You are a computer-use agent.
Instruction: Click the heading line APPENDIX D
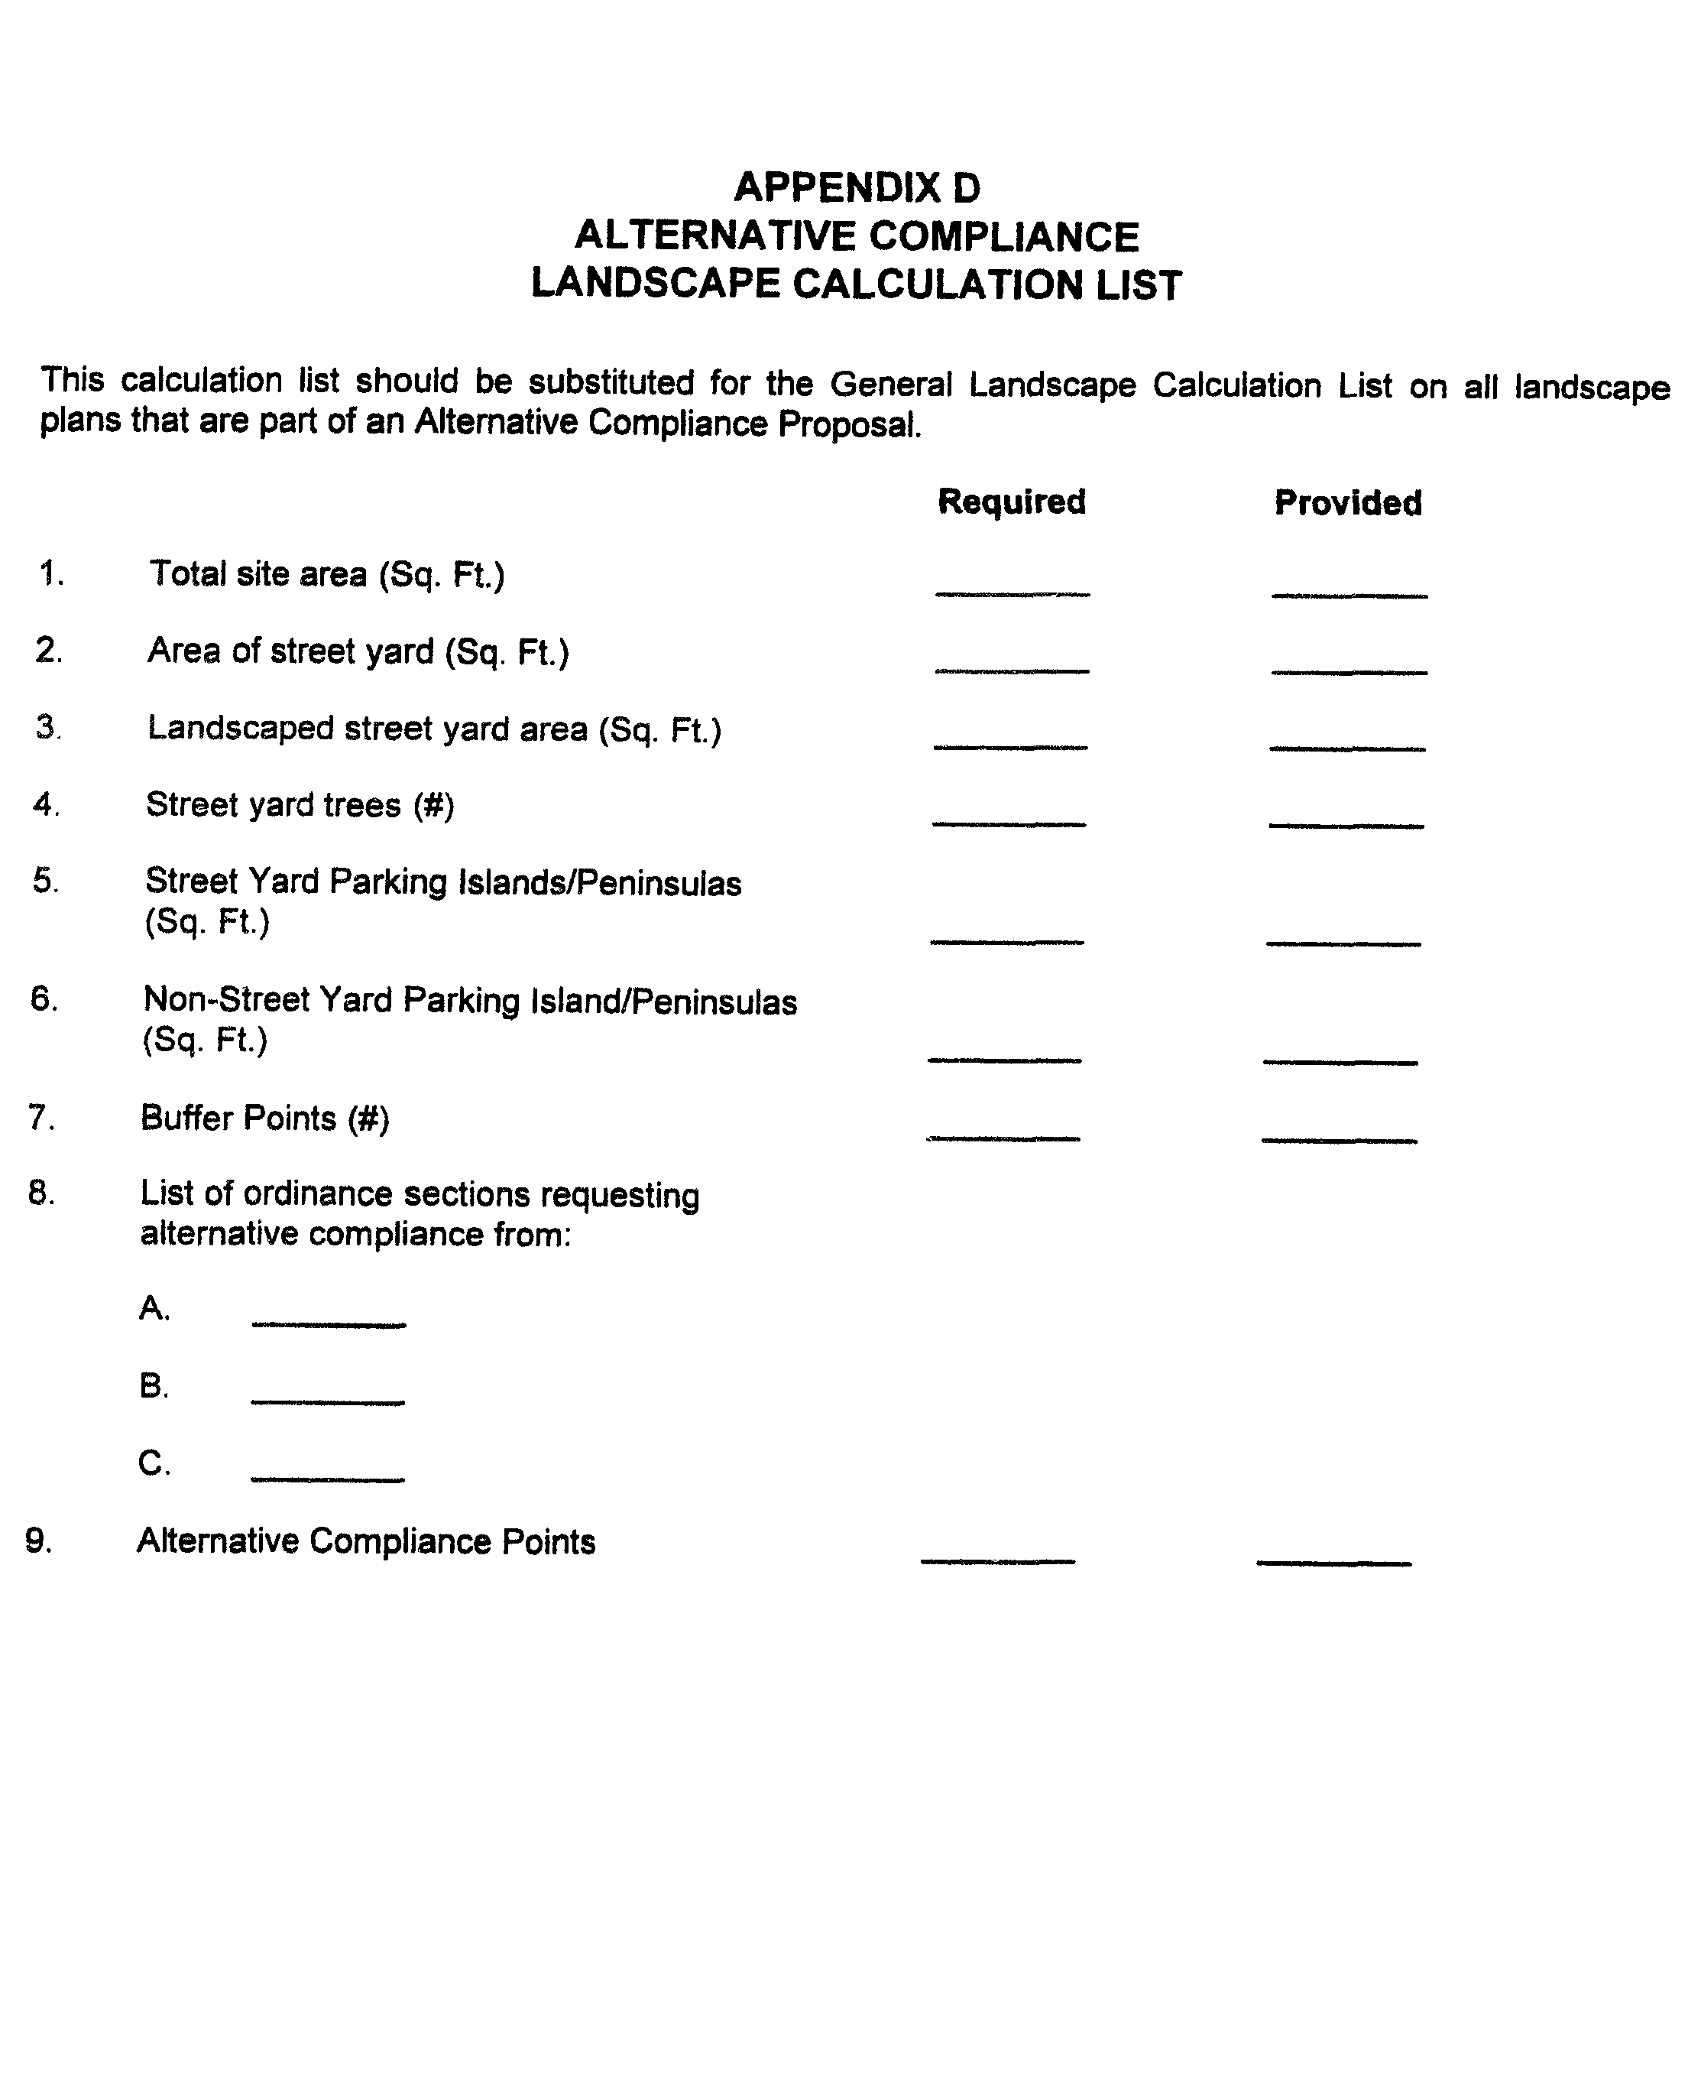point(857,187)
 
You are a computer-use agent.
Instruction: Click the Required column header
point(1011,501)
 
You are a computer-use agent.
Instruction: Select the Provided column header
point(1347,503)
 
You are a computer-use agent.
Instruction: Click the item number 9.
point(38,1540)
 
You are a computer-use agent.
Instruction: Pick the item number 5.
point(45,880)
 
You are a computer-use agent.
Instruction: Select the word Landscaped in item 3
point(240,729)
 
